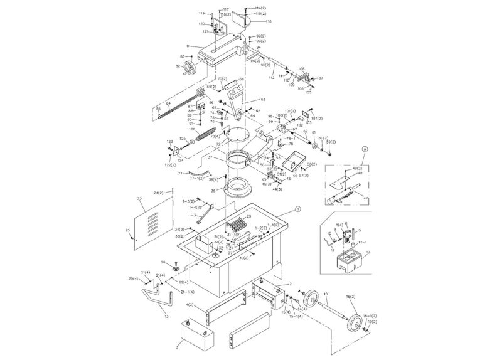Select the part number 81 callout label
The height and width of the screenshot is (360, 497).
click(x=188, y=45)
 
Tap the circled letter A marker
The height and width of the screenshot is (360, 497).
click(x=365, y=149)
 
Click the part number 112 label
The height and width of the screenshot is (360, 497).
click(x=272, y=77)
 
